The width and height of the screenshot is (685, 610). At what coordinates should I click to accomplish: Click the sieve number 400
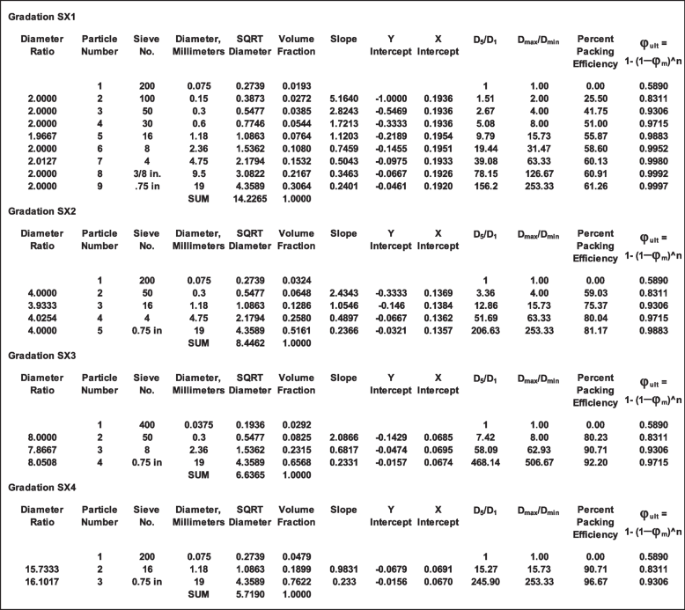145,424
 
